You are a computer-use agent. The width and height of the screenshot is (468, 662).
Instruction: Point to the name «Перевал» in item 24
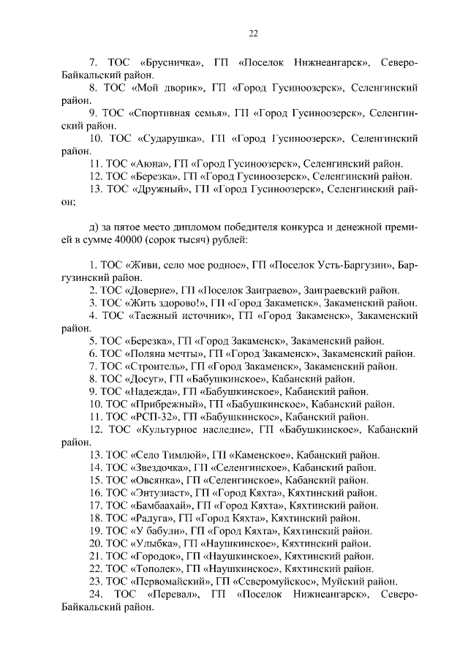pyautogui.click(x=173, y=593)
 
